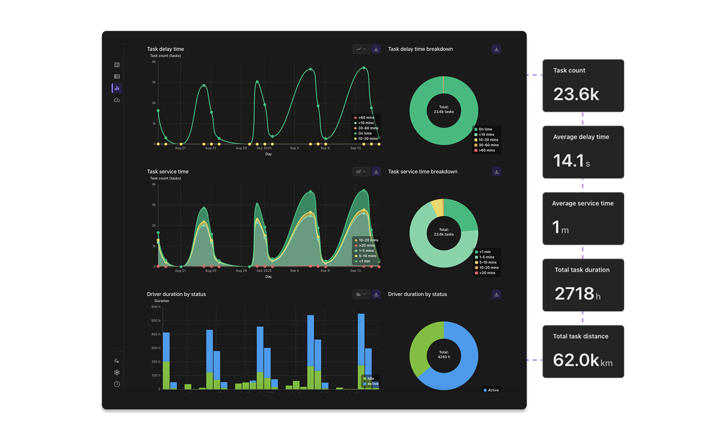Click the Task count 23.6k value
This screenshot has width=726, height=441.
click(x=576, y=94)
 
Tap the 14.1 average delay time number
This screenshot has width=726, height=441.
click(x=569, y=161)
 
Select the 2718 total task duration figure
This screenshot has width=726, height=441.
click(x=574, y=294)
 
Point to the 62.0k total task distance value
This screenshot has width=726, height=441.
click(x=576, y=360)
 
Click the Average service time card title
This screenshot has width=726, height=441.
click(x=583, y=204)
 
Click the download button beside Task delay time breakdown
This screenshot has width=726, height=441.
click(x=496, y=49)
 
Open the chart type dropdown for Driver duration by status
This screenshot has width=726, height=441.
click(x=361, y=294)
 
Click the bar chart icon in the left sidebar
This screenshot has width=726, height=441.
click(x=117, y=88)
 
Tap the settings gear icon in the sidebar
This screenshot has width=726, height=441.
click(x=117, y=373)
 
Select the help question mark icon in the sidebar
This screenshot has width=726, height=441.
click(x=117, y=384)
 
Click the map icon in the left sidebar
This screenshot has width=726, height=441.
click(x=117, y=65)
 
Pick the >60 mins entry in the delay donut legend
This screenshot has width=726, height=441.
click(x=487, y=151)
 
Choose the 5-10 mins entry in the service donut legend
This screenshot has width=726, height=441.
click(x=488, y=262)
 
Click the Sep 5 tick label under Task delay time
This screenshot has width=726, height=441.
click(x=295, y=148)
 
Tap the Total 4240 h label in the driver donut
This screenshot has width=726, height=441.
click(x=444, y=355)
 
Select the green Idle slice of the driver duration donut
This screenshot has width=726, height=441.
click(x=419, y=347)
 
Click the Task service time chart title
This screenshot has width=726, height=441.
click(x=167, y=172)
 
